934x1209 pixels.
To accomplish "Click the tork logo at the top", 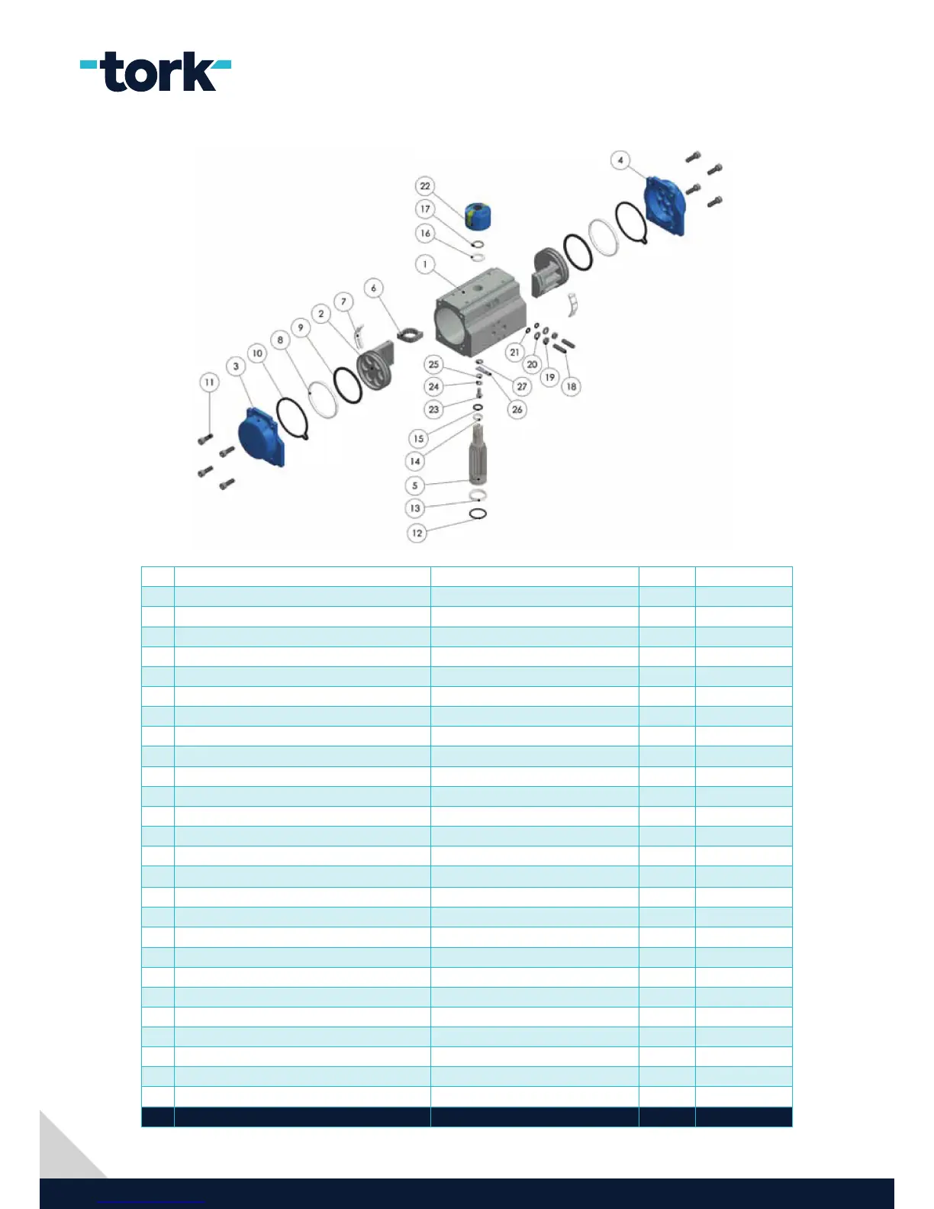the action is point(156,72).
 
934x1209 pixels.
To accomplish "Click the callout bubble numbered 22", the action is point(425,185).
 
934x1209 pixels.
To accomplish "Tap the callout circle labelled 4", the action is point(620,160).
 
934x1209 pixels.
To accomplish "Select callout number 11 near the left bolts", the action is point(209,382).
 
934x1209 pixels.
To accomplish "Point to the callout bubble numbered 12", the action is point(417,533).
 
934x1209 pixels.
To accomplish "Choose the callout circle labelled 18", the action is point(571,386).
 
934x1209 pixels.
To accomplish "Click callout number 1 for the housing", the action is point(425,264).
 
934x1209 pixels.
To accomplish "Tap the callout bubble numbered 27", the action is point(522,386).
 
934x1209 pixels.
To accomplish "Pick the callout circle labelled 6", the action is point(373,288).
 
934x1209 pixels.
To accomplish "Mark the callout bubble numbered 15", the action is point(418,438).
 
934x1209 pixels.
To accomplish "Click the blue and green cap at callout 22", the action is point(478,216).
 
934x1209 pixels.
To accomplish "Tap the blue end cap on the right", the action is point(665,205).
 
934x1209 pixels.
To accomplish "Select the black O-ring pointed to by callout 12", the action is point(478,514).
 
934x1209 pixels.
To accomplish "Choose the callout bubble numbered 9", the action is point(301,327).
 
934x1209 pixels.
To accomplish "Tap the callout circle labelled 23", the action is point(433,409).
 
